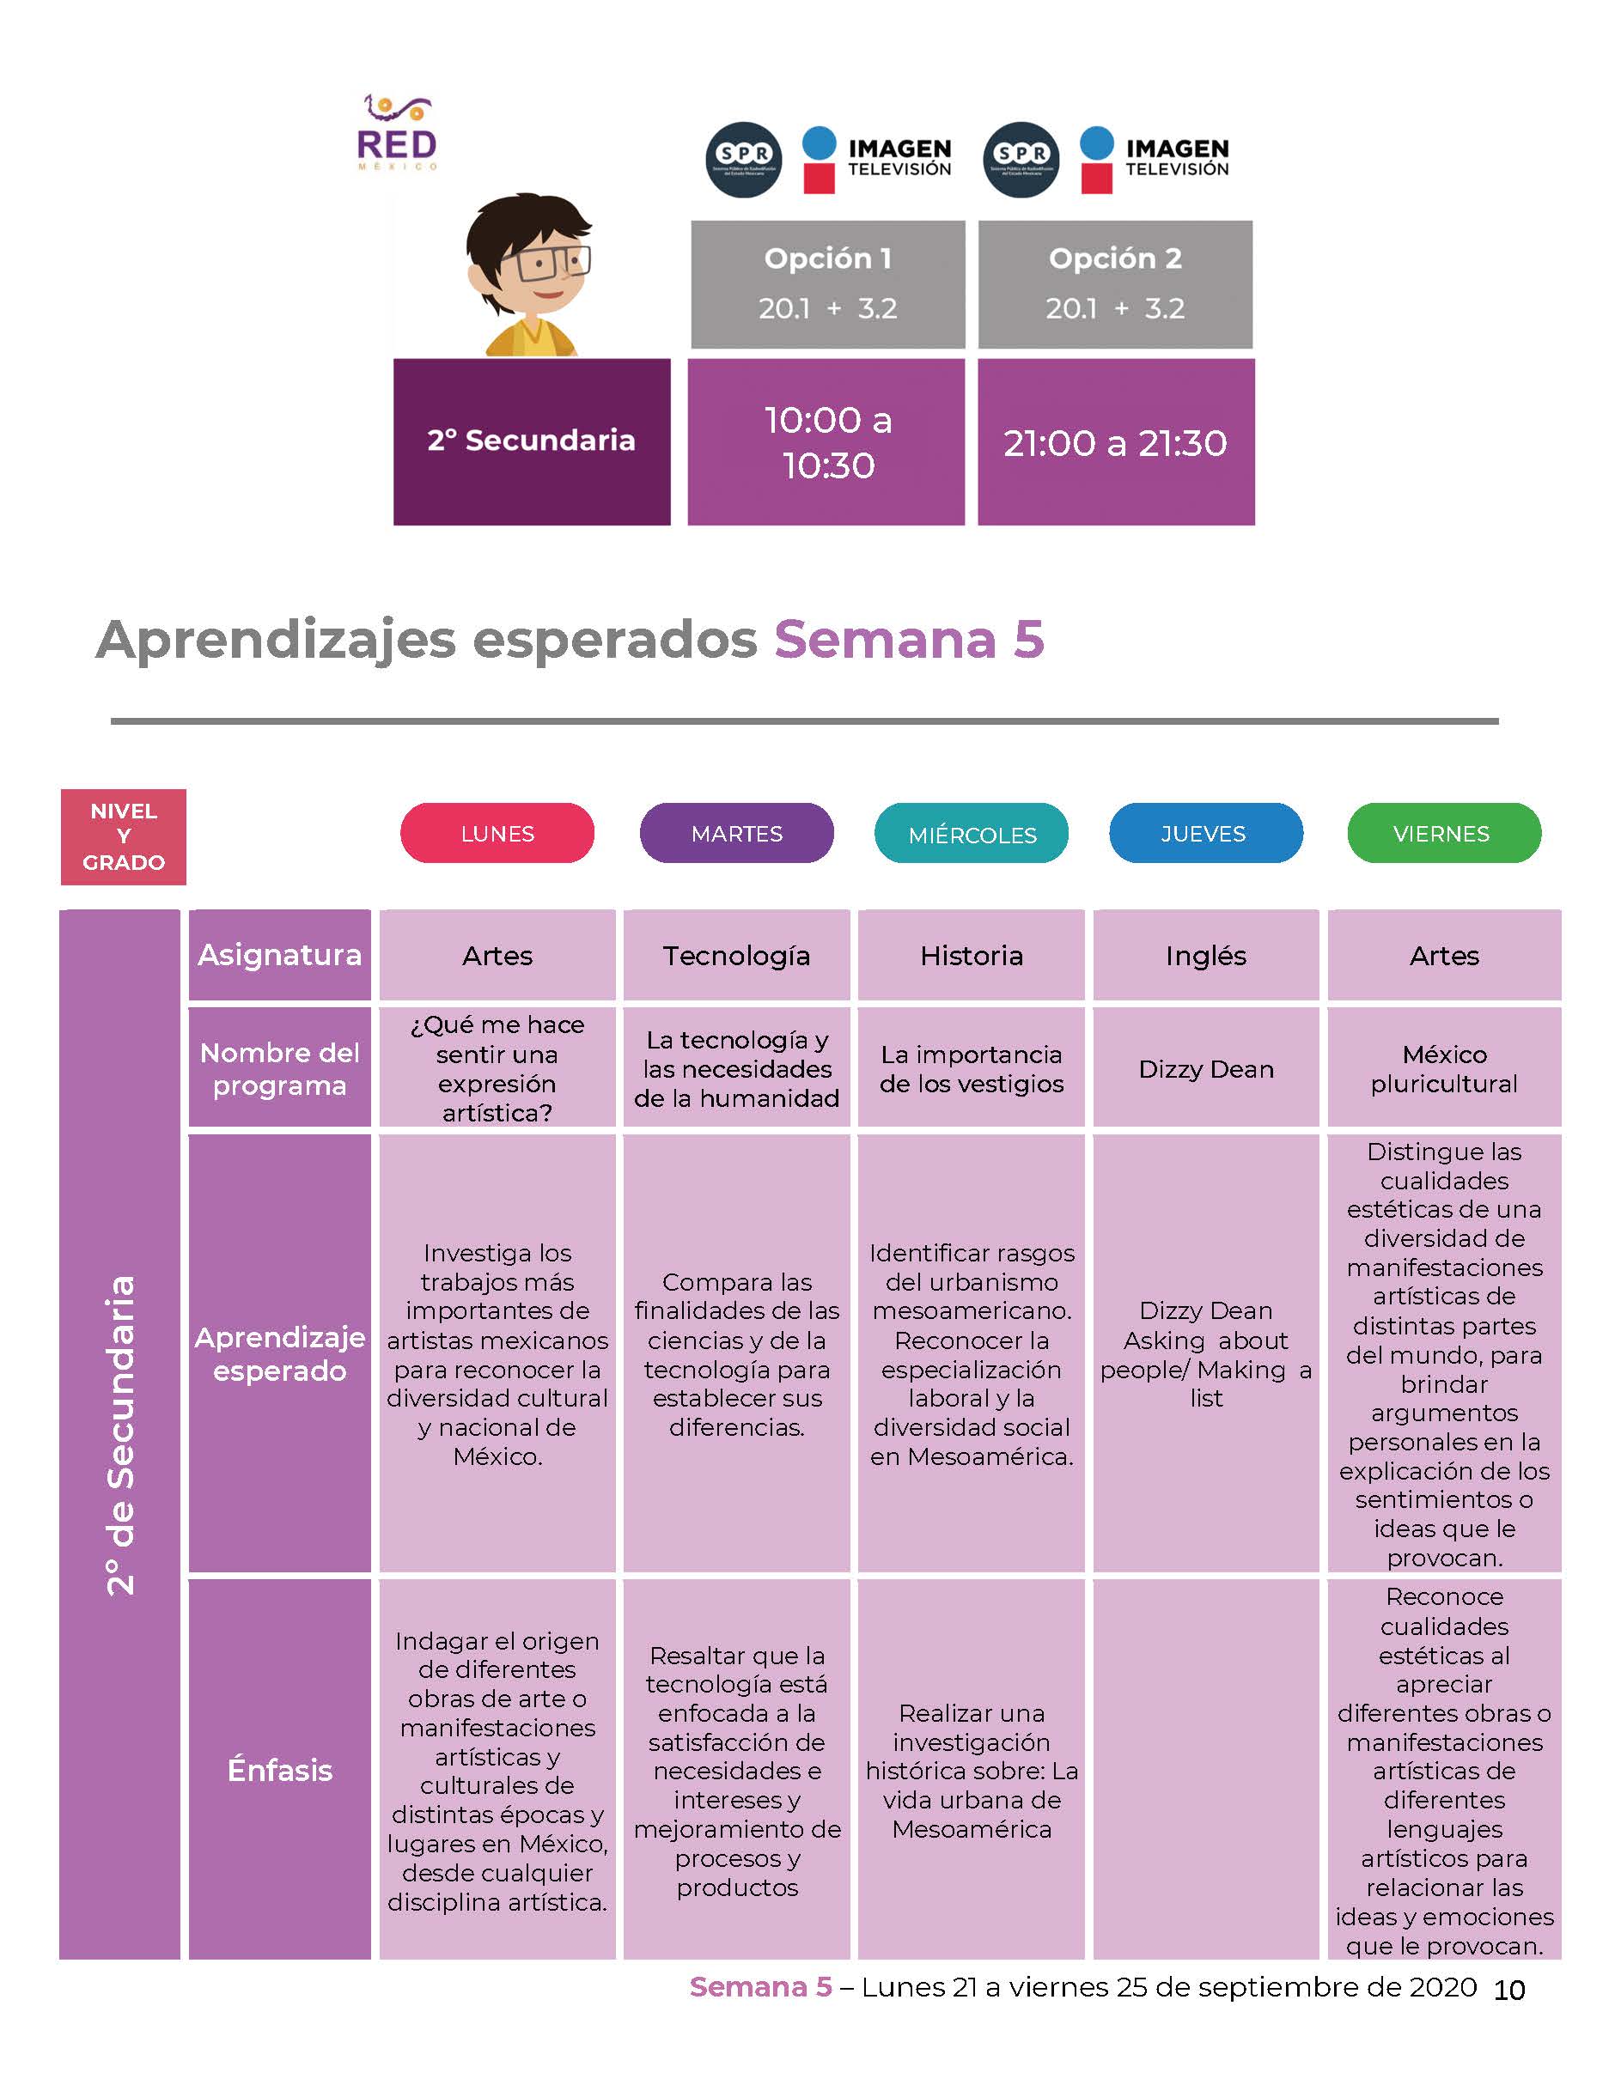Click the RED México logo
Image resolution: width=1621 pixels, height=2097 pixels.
[398, 132]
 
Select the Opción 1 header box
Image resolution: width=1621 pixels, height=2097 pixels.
[828, 284]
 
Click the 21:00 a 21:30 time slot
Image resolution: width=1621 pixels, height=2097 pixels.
[1116, 441]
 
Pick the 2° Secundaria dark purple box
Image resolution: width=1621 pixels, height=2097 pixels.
[532, 441]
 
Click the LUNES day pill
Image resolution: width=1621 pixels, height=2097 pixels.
[497, 834]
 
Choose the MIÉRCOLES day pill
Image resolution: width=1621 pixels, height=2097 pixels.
[972, 834]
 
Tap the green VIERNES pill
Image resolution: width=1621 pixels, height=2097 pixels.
[1444, 834]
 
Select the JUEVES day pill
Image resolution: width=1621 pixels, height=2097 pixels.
[1206, 834]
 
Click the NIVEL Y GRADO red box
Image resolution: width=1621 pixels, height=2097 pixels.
[123, 836]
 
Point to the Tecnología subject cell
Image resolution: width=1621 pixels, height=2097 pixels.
[736, 956]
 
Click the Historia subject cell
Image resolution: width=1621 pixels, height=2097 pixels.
[971, 956]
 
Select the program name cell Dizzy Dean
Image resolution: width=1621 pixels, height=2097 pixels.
[1206, 1067]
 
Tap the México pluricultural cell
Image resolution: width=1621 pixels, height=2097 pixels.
[1444, 1067]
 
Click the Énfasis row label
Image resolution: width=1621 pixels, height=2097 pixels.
[279, 1770]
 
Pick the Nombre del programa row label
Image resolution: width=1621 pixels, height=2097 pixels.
[279, 1067]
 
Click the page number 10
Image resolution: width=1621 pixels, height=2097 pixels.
[1508, 1991]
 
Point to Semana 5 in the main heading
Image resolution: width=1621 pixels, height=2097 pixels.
[910, 640]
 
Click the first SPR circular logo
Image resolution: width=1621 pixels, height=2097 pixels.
[743, 161]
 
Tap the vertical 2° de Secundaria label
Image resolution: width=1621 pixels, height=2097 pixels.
[120, 1436]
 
